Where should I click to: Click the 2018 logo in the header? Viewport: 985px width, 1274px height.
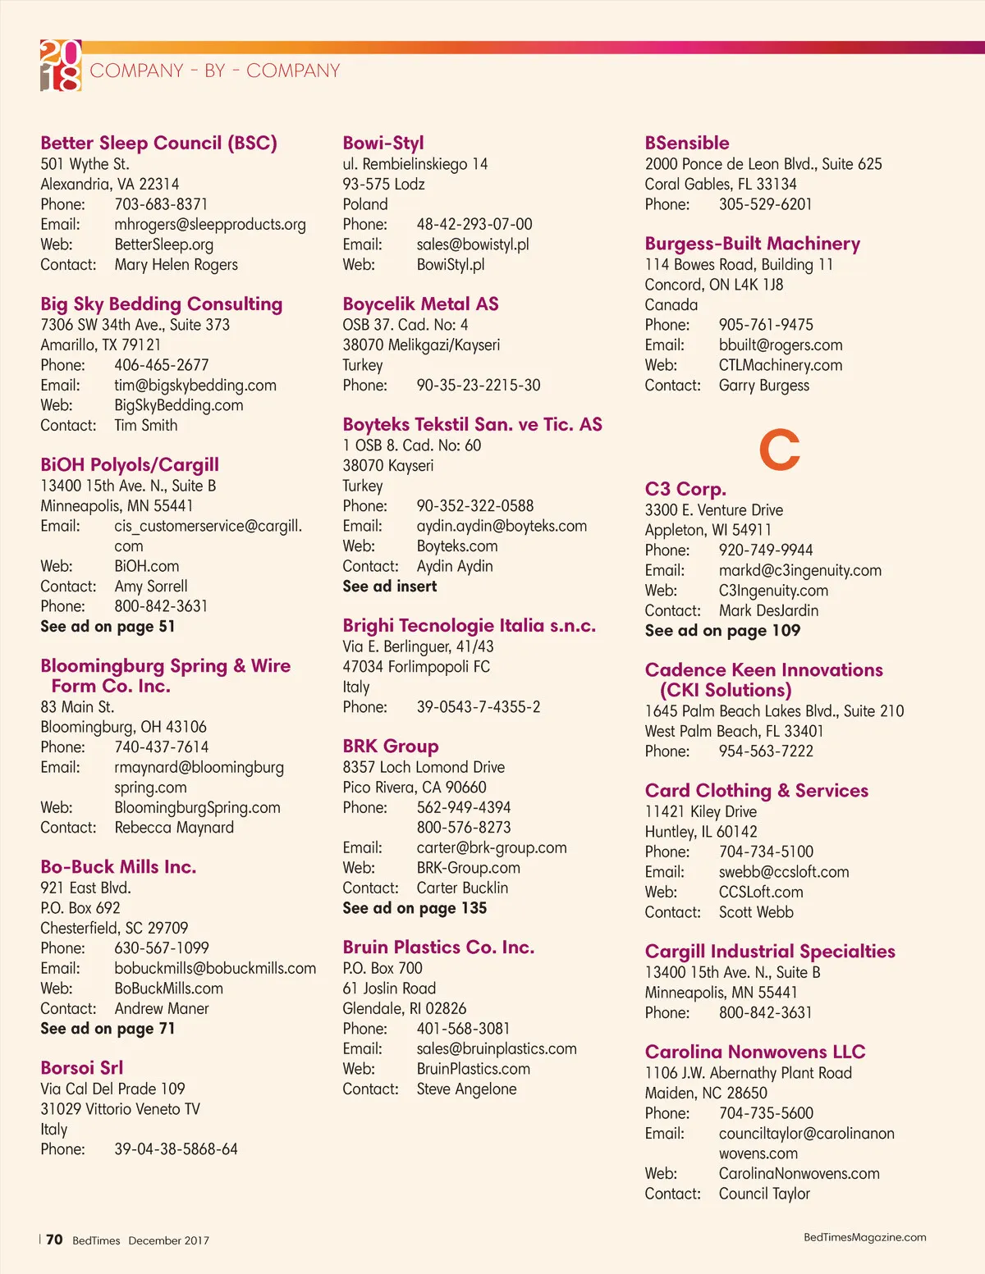click(x=61, y=65)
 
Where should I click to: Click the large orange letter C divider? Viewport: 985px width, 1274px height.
click(x=779, y=450)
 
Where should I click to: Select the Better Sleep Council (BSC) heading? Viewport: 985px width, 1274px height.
click(x=158, y=143)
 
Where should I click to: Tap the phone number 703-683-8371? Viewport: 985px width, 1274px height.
click(x=161, y=204)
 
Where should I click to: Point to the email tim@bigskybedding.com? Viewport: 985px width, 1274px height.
click(x=195, y=386)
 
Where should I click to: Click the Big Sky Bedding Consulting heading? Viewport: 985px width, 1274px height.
click(x=161, y=304)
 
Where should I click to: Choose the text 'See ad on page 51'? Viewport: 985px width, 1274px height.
click(x=108, y=627)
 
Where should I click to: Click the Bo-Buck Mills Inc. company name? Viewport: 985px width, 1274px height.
click(x=118, y=867)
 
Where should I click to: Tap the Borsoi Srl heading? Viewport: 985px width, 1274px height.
click(x=82, y=1068)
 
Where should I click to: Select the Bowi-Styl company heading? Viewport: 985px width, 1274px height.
click(x=383, y=143)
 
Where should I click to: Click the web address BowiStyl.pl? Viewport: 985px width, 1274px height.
click(x=451, y=265)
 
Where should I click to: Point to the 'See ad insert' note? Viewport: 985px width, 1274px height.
click(x=390, y=587)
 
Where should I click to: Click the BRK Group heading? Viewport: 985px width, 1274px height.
click(x=391, y=747)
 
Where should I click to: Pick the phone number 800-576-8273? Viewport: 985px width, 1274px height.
click(x=464, y=828)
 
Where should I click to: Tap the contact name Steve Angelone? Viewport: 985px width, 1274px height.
click(x=466, y=1089)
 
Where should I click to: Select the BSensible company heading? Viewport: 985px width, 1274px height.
click(x=687, y=143)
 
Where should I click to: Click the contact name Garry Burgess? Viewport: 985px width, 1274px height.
click(x=763, y=386)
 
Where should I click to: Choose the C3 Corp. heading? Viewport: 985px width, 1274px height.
click(x=685, y=490)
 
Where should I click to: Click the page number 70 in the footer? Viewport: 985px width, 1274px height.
click(x=54, y=1240)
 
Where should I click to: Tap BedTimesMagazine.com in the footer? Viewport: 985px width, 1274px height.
click(x=864, y=1237)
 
